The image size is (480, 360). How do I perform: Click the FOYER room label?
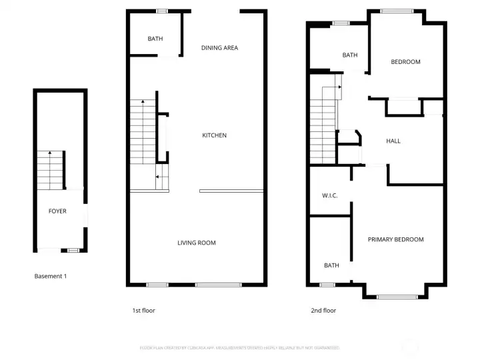pos(57,211)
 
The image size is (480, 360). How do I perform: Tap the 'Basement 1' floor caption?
pos(51,276)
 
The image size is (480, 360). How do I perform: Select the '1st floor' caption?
pos(143,311)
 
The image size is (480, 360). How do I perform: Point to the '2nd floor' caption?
pos(323,311)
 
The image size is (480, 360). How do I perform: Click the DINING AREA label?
pos(219,48)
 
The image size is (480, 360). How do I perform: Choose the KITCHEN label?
pos(215,135)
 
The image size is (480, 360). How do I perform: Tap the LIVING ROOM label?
pos(196,243)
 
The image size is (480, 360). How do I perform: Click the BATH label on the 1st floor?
pos(155,39)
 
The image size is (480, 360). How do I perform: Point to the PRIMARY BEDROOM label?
pos(395,239)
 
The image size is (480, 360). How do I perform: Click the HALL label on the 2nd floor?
pos(393,141)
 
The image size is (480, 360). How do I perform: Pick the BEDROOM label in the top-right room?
pos(405,62)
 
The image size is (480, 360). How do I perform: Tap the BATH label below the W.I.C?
pos(331,265)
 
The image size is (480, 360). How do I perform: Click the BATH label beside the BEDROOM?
pos(350,55)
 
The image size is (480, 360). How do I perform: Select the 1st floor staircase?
pos(143,133)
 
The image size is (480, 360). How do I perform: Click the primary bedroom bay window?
pos(397,297)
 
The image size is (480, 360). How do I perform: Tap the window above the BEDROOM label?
pos(397,11)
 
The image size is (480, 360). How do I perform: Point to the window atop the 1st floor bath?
pos(161,11)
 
